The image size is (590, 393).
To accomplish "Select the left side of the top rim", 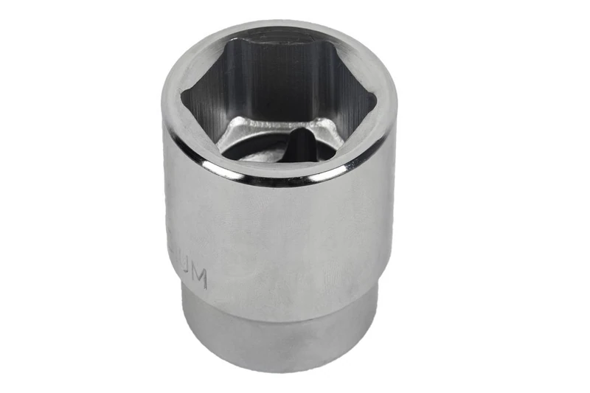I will coord(171,103).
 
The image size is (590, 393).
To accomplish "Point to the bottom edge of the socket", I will coord(280,369).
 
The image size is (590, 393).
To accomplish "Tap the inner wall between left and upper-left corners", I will coord(206,74).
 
